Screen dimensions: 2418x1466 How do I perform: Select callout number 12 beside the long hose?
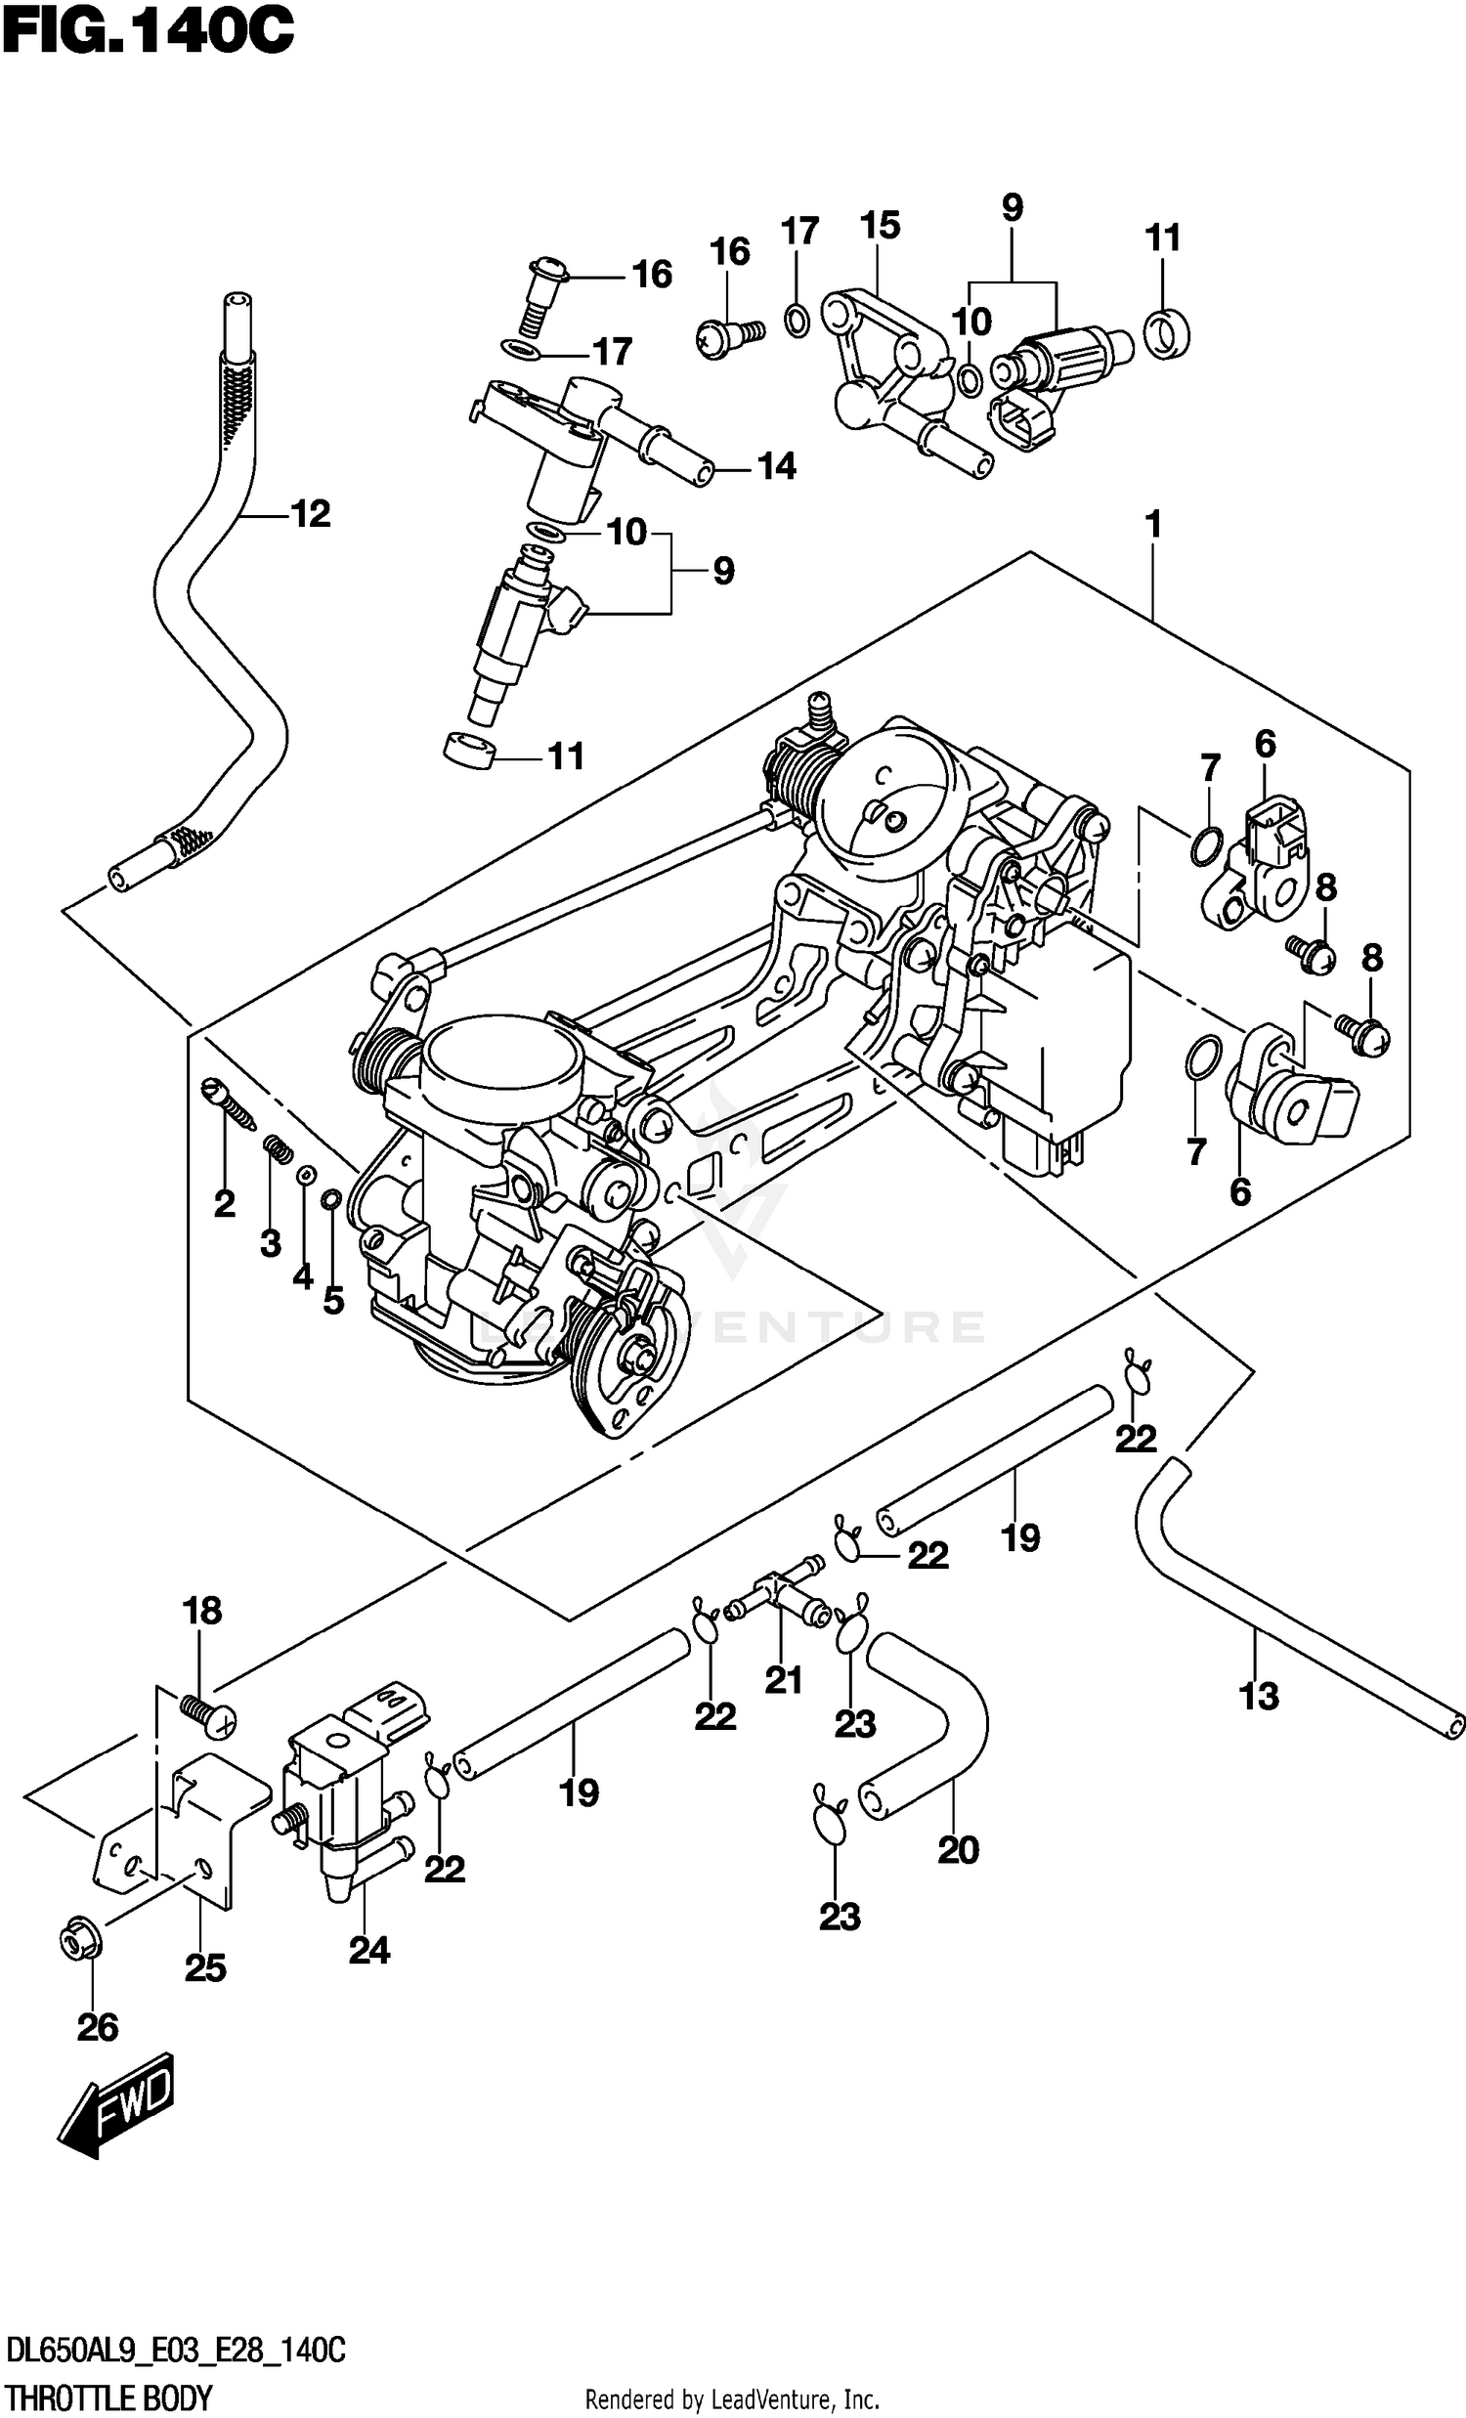[311, 514]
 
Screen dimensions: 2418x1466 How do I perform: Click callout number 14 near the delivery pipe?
[776, 467]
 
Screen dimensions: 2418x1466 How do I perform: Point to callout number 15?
[880, 226]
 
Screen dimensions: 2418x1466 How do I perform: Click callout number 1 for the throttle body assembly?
[1153, 525]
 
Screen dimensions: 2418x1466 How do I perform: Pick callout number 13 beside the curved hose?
[1259, 1697]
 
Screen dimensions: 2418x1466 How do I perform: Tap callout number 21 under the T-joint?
[783, 1681]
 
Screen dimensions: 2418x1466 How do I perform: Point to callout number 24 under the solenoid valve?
[369, 1951]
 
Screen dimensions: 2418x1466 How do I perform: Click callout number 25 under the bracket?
[205, 1968]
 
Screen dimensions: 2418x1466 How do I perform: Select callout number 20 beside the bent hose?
[958, 1851]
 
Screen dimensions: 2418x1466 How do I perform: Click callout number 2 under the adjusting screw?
[225, 1203]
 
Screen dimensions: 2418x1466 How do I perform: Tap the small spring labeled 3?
[278, 1149]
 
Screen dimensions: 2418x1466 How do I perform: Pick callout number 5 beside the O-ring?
[333, 1301]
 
